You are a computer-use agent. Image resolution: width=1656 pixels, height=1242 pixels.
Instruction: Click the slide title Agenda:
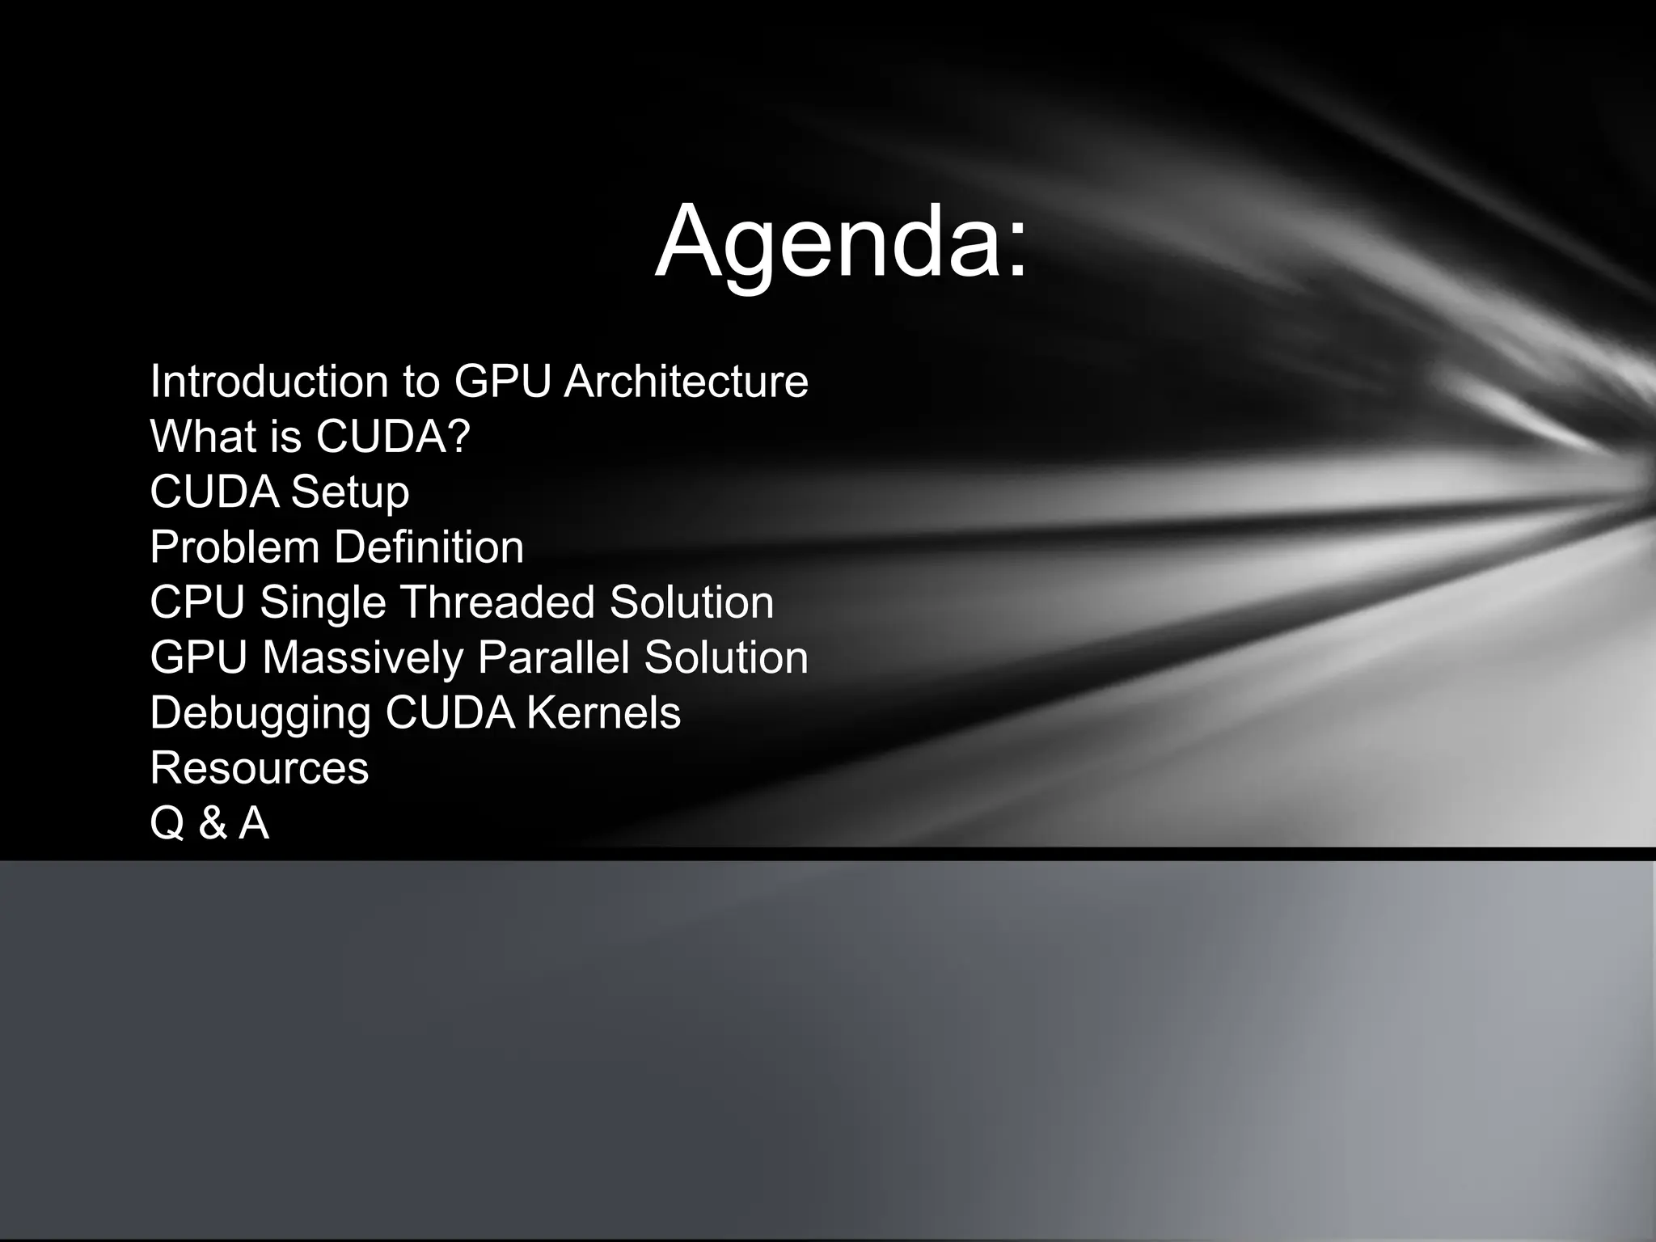(841, 243)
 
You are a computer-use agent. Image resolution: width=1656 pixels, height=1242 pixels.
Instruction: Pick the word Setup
(349, 492)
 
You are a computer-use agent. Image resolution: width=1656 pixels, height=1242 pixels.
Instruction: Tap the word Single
(323, 603)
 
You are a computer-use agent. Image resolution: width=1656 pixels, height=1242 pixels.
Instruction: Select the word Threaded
(496, 602)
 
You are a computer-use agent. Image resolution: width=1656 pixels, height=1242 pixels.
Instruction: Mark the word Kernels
(603, 713)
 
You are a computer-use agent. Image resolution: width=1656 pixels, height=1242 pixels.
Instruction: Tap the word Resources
(260, 768)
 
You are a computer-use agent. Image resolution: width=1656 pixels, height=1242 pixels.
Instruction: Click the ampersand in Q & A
(213, 824)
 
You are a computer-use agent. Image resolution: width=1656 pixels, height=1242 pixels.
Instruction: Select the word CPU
(197, 602)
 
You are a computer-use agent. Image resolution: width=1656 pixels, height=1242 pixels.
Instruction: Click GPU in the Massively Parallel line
(199, 657)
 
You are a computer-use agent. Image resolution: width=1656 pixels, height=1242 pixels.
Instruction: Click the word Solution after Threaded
(691, 602)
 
